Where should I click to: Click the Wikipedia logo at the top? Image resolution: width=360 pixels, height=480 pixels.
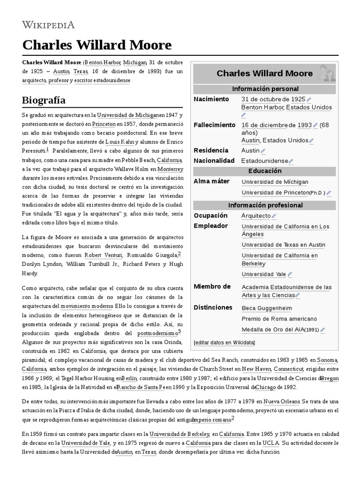pyautogui.click(x=48, y=25)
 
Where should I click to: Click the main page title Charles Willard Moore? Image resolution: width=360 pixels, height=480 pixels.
pyautogui.click(x=97, y=45)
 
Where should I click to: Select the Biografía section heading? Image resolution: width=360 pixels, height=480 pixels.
pyautogui.click(x=44, y=100)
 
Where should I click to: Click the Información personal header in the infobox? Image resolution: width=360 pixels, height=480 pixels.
pyautogui.click(x=265, y=89)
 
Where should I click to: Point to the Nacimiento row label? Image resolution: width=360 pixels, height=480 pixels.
pyautogui.click(x=211, y=99)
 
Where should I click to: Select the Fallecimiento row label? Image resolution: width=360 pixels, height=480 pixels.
pyautogui.click(x=215, y=125)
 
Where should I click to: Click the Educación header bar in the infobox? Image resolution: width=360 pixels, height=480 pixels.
pyautogui.click(x=265, y=171)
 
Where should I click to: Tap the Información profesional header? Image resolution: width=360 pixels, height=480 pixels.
pyautogui.click(x=265, y=205)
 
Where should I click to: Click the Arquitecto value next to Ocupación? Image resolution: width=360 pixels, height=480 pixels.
pyautogui.click(x=256, y=216)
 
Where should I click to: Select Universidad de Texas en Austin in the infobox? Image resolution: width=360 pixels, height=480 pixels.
pyautogui.click(x=283, y=245)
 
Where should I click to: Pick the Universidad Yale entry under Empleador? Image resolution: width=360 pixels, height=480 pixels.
pyautogui.click(x=263, y=274)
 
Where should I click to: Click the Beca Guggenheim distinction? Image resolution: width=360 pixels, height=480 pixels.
pyautogui.click(x=266, y=308)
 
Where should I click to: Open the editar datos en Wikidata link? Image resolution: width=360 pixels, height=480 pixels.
pyautogui.click(x=224, y=343)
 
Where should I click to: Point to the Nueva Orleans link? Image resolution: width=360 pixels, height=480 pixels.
pyautogui.click(x=282, y=401)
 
